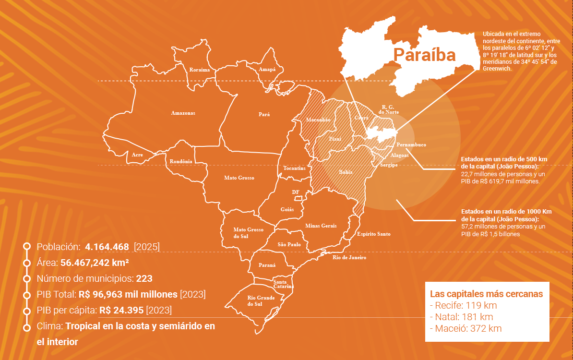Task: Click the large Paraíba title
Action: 424,55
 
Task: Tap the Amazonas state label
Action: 183,113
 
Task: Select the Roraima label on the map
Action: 199,70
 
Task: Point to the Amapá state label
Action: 267,70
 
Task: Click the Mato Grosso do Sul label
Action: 248,233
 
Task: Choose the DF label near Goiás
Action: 296,192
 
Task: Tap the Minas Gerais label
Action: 321,226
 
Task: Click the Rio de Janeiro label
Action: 349,258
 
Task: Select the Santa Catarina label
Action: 283,284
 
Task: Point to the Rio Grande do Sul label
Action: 261,301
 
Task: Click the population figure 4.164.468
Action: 107,247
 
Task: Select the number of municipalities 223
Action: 144,278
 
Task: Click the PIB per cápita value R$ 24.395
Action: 121,310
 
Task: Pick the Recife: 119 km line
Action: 463,306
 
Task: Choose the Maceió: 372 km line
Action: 466,329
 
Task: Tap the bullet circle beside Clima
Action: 27,327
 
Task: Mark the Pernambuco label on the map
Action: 411,144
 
